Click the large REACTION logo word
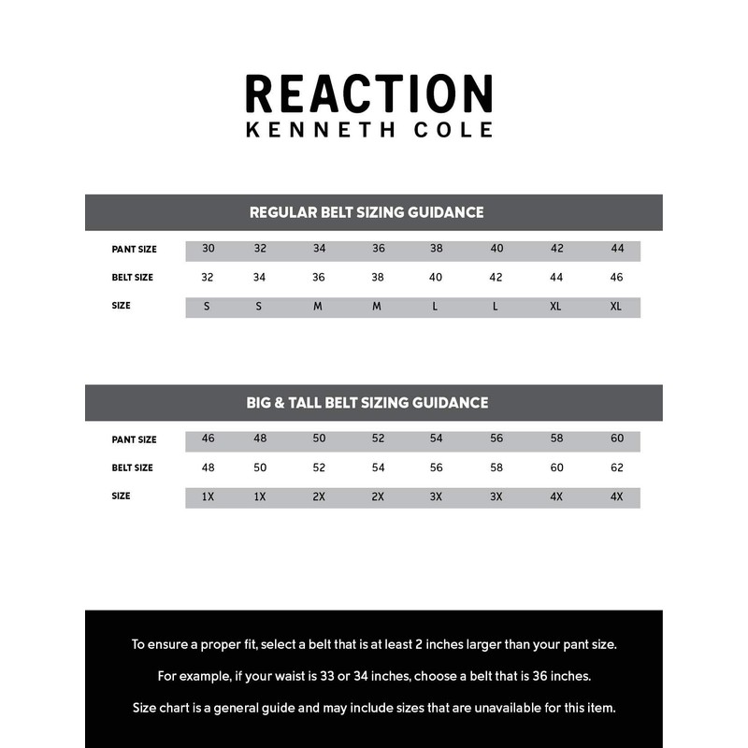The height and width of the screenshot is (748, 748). tap(368, 93)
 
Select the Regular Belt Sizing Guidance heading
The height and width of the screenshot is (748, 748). tap(367, 212)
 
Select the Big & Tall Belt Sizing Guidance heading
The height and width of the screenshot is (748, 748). tap(367, 403)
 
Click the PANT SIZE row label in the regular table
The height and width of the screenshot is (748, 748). tap(134, 250)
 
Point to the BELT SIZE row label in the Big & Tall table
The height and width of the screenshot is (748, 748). tap(133, 467)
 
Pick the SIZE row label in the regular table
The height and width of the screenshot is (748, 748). tap(121, 306)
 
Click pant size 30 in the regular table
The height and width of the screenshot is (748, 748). tap(209, 249)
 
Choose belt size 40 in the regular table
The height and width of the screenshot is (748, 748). tap(436, 278)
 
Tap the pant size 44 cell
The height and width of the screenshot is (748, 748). tap(617, 249)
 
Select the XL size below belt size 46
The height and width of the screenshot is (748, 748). tap(616, 307)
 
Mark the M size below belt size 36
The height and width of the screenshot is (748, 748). tap(318, 307)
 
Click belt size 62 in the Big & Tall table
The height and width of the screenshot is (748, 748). tap(617, 467)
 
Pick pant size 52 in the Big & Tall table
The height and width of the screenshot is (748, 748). tap(378, 439)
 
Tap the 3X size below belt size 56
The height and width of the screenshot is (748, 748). tap(436, 496)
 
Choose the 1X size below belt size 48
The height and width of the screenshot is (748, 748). tap(208, 496)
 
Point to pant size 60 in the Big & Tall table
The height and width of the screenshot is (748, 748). tap(617, 439)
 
